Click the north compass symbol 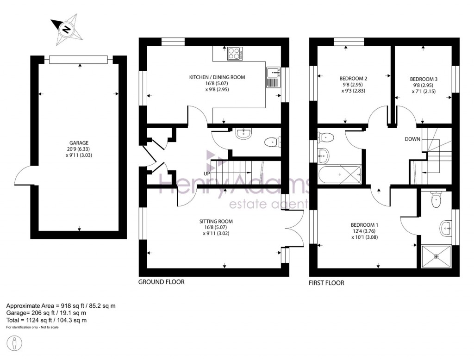tap(66, 30)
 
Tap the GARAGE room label tap(79, 143)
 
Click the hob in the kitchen tap(235, 54)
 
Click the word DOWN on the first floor tap(412, 139)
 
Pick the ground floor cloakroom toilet tap(272, 142)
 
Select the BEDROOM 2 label tap(354, 79)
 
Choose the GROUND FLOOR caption tap(162, 282)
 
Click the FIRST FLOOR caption tap(326, 283)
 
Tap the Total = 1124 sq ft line tap(46, 320)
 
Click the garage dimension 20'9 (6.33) tap(79, 149)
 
